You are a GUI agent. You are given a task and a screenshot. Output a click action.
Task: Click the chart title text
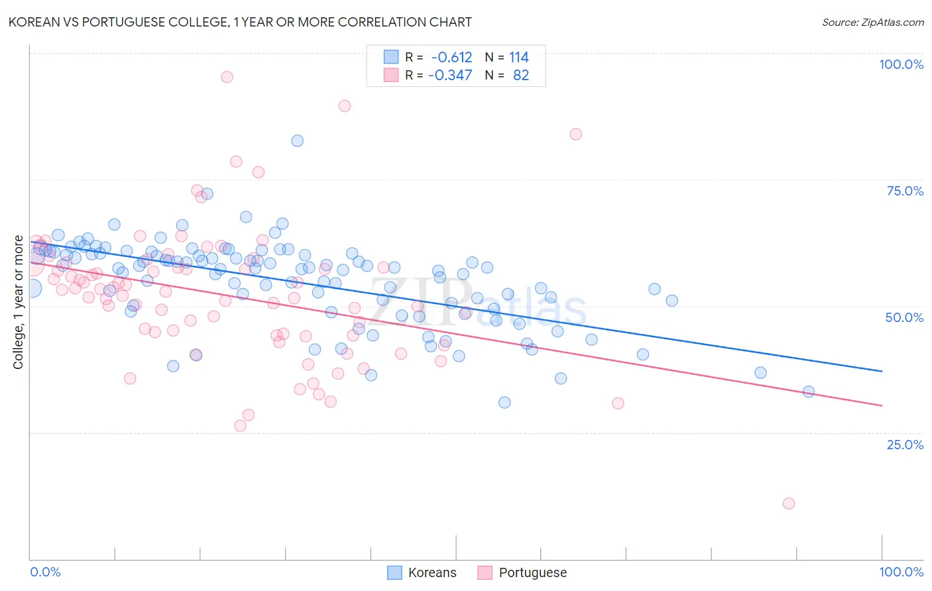pyautogui.click(x=240, y=22)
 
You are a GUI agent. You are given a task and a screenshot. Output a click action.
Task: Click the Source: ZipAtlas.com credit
pyautogui.click(x=872, y=22)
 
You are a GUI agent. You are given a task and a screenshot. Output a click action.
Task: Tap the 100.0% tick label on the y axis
pyautogui.click(x=901, y=64)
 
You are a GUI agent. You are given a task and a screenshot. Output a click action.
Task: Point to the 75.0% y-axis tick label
pyautogui.click(x=905, y=191)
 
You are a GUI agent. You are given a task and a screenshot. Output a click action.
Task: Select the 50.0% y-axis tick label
pyautogui.click(x=904, y=317)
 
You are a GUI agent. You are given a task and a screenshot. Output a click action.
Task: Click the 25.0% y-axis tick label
pyautogui.click(x=905, y=444)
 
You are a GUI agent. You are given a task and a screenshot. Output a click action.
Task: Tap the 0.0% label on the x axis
pyautogui.click(x=45, y=572)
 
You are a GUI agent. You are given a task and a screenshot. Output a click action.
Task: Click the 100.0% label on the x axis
pyautogui.click(x=901, y=572)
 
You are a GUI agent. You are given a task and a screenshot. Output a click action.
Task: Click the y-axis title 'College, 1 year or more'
pyautogui.click(x=19, y=302)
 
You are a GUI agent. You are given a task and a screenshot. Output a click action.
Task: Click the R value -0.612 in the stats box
pyautogui.click(x=451, y=58)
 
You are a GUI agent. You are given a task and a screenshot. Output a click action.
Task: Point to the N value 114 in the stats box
pyautogui.click(x=519, y=58)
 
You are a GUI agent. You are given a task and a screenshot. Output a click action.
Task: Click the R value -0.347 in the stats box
pyautogui.click(x=450, y=76)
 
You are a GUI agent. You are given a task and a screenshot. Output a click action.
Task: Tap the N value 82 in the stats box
pyautogui.click(x=521, y=76)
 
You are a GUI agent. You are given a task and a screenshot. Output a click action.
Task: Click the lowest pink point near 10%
pyautogui.click(x=788, y=504)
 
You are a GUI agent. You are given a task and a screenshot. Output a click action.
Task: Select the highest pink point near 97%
pyautogui.click(x=227, y=77)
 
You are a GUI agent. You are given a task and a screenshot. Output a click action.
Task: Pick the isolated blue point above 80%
pyautogui.click(x=298, y=140)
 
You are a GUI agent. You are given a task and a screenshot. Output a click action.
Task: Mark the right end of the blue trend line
pyautogui.click(x=882, y=371)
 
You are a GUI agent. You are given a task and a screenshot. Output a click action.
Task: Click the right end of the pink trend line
pyautogui.click(x=882, y=405)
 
